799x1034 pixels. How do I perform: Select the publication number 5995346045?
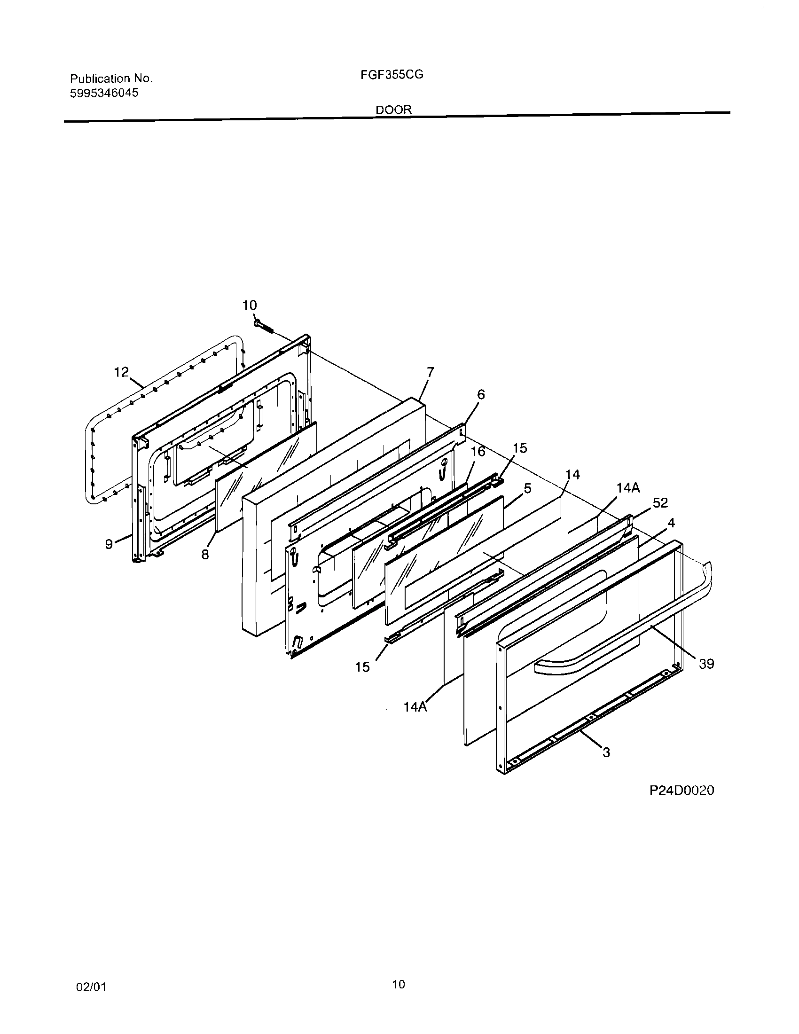104,93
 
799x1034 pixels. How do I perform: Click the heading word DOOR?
393,110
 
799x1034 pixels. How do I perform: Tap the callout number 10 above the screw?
250,305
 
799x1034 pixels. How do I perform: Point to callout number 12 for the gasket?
121,372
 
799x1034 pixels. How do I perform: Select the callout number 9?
109,544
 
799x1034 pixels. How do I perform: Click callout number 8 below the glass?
205,555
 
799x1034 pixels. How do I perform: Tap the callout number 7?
430,372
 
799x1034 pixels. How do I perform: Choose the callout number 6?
481,394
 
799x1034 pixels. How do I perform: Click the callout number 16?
478,452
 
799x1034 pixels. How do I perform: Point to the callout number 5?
528,488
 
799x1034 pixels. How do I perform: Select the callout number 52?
660,503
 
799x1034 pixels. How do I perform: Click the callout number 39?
706,664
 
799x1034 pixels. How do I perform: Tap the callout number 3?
606,752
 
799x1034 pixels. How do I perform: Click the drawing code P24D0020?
681,791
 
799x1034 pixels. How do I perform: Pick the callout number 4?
671,523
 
